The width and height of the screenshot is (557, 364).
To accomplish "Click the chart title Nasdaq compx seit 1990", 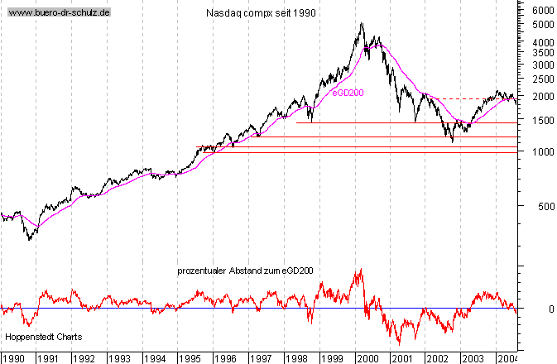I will point(260,14).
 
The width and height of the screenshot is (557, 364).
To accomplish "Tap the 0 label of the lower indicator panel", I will point(540,309).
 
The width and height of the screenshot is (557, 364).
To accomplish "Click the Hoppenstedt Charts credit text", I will point(40,338).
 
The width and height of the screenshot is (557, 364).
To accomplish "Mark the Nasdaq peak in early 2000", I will point(362,23).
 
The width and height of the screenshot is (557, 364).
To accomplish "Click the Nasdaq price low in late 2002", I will point(452,142).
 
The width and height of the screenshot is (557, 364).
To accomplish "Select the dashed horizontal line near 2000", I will point(463,99).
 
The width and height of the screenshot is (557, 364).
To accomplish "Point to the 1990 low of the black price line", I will point(30,239).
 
